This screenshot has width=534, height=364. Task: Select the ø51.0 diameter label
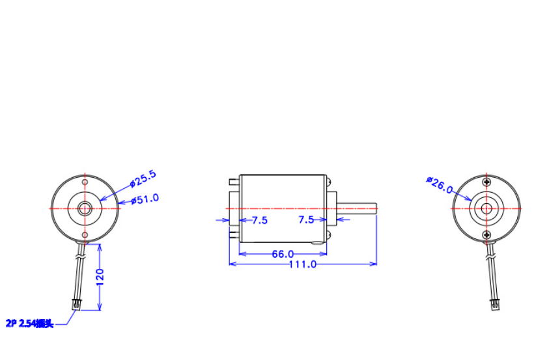[145, 199]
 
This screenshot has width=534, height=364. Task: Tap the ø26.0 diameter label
[440, 184]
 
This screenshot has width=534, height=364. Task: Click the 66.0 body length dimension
[283, 253]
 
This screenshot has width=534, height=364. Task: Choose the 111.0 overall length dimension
[302, 264]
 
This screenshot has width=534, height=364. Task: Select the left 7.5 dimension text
[259, 220]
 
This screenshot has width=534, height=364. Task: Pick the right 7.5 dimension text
[306, 220]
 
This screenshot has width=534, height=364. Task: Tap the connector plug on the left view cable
[77, 303]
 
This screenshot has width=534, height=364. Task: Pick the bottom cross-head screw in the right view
[486, 234]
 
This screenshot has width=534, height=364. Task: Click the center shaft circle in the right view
[486, 208]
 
